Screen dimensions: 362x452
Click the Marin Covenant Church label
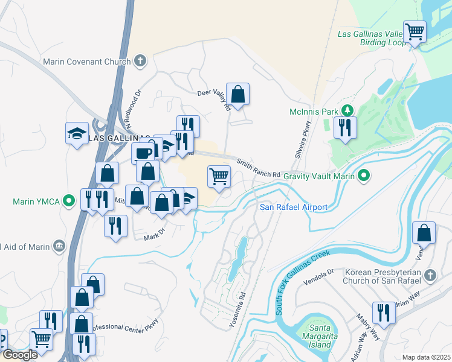(x=86, y=62)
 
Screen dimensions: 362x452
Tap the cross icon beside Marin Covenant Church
(x=140, y=60)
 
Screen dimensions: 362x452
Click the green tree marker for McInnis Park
(x=347, y=110)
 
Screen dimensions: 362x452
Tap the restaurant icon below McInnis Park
(x=345, y=127)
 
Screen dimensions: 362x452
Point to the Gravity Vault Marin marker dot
(x=363, y=176)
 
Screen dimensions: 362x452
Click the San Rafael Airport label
(x=294, y=207)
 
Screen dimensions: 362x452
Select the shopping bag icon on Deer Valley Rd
(x=238, y=94)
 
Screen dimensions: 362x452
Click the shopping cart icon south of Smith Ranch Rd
(x=219, y=177)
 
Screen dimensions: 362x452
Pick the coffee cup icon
(x=143, y=153)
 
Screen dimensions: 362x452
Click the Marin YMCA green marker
(x=69, y=200)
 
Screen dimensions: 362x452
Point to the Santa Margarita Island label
(x=317, y=337)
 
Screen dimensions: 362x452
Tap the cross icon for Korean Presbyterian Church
(x=430, y=276)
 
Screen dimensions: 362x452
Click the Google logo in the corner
(x=19, y=355)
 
